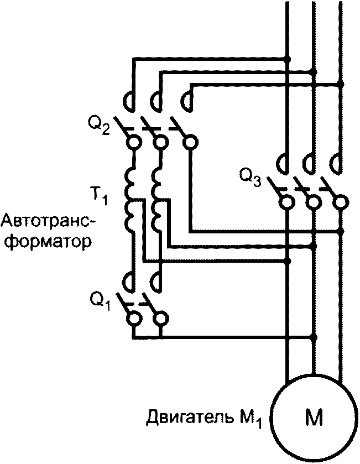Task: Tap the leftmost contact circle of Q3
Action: [287, 202]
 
